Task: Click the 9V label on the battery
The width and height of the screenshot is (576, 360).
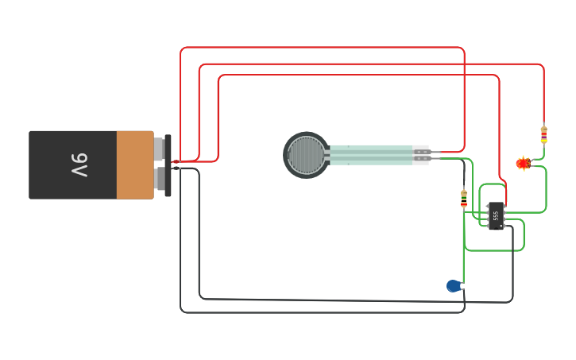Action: (x=79, y=165)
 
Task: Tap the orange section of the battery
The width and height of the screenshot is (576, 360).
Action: (x=134, y=165)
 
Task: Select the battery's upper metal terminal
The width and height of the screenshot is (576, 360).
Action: (x=160, y=149)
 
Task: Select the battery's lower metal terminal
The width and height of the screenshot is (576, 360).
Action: (x=160, y=178)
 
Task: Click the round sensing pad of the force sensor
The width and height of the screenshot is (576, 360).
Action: (x=306, y=155)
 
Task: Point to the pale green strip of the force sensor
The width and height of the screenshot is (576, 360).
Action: (x=369, y=155)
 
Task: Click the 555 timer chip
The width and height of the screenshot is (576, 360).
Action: (x=495, y=215)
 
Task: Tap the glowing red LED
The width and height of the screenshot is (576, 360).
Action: (x=523, y=163)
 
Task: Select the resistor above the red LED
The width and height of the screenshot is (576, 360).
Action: (x=543, y=134)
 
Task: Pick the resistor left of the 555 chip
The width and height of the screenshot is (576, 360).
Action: (x=464, y=198)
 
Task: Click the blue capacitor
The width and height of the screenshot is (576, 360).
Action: (x=454, y=285)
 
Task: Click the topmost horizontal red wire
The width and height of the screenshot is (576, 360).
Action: (x=318, y=48)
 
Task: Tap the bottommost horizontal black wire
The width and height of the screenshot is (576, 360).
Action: (x=318, y=312)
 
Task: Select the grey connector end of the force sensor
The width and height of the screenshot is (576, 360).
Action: (x=420, y=155)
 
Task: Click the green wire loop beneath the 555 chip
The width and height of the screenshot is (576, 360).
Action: (x=493, y=250)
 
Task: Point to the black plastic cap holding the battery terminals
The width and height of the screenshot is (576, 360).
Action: (x=168, y=165)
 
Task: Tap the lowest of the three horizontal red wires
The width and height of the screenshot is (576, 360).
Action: (x=358, y=75)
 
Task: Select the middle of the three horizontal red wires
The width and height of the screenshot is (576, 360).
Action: (x=358, y=64)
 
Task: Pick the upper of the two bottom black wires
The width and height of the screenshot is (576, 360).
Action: (x=358, y=301)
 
